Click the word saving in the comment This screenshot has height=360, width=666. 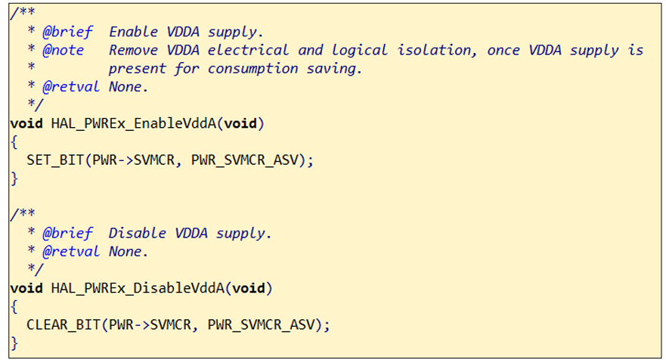tap(336, 68)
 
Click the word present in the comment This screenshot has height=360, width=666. tap(138, 68)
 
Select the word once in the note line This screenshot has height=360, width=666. tap(481, 50)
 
